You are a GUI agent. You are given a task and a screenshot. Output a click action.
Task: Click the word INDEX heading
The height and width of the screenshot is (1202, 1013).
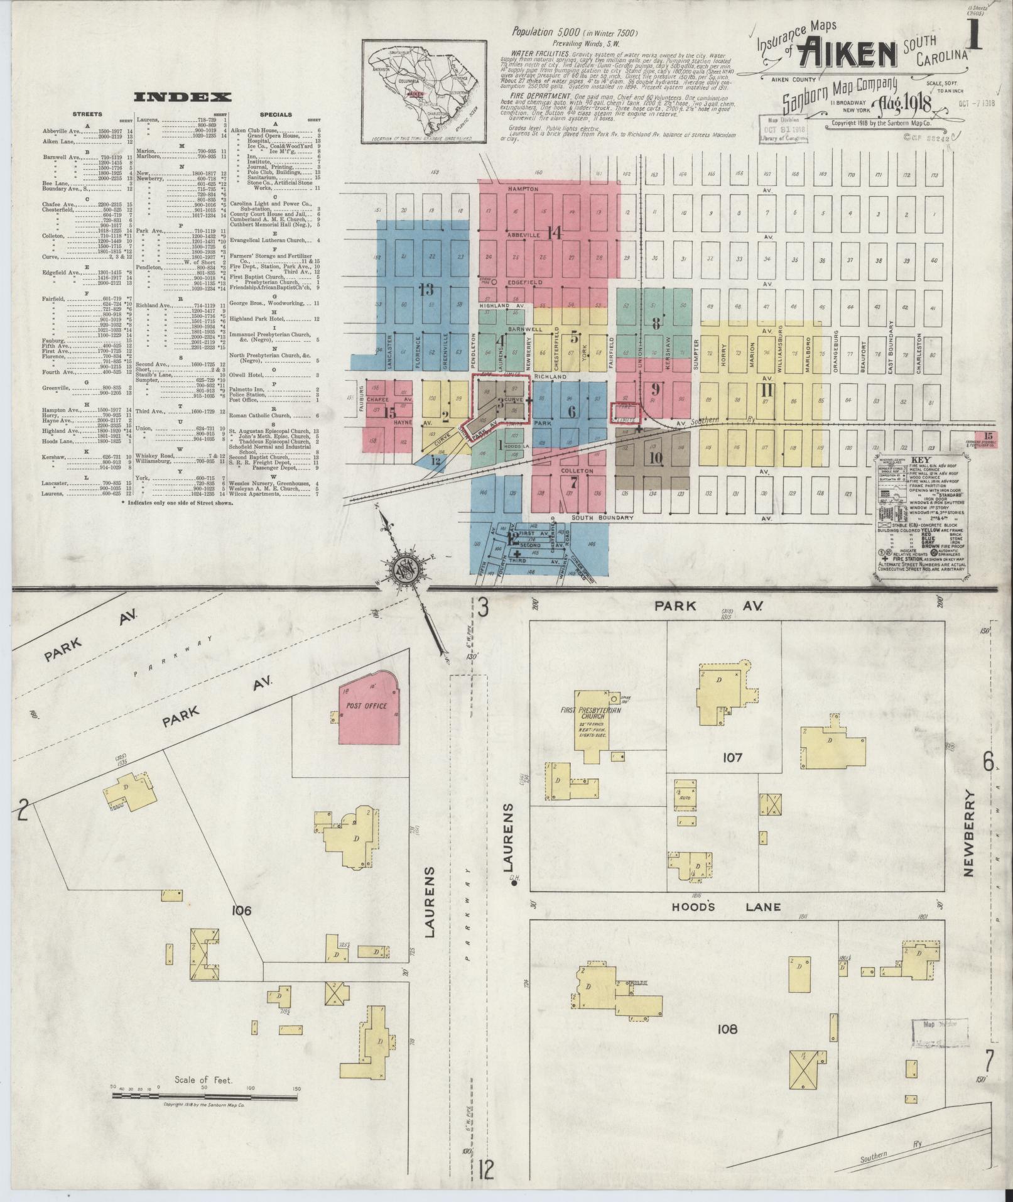182,97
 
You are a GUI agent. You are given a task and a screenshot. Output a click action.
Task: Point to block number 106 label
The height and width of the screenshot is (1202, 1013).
241,910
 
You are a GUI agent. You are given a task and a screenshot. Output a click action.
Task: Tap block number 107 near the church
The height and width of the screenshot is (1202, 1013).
732,758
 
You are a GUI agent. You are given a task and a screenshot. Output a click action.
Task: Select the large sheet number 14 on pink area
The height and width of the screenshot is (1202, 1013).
554,233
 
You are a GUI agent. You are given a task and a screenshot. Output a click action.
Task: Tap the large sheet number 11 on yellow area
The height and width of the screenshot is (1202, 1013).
767,391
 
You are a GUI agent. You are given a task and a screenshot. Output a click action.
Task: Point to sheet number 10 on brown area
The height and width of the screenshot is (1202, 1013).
656,457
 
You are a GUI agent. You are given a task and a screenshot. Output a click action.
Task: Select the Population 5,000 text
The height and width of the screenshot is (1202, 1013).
575,33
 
